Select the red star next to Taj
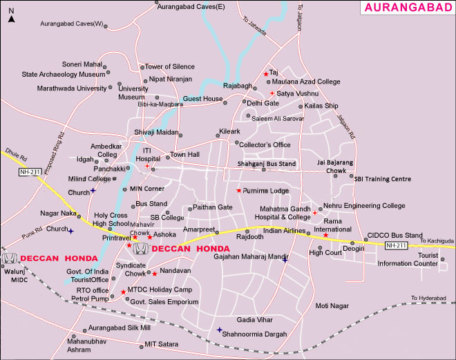coord(265,74)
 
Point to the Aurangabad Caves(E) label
coord(191,6)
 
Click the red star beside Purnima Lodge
coord(239,191)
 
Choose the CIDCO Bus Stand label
coord(395,236)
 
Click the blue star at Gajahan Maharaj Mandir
coord(285,260)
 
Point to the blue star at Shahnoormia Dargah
coord(219,330)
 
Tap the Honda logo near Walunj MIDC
coord(10,258)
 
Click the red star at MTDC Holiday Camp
coord(123,292)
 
